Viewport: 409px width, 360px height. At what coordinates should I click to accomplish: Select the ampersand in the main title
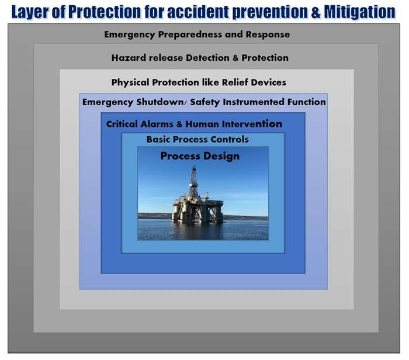pos(309,11)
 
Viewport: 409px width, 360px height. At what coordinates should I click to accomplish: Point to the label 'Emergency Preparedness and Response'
pos(197,34)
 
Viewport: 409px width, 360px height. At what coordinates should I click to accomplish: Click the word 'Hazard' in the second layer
pos(129,58)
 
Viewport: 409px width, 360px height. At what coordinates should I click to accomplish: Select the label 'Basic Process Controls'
pos(197,140)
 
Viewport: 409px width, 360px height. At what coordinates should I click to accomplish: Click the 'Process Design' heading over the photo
pos(200,156)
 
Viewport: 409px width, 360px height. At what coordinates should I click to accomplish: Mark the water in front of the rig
pos(202,231)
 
